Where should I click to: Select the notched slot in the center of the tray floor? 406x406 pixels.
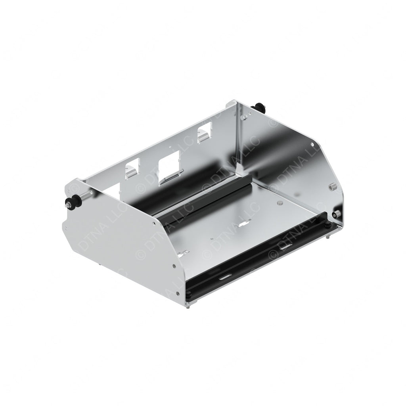click(241, 225)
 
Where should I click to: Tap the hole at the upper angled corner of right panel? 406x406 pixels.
click(312, 144)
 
